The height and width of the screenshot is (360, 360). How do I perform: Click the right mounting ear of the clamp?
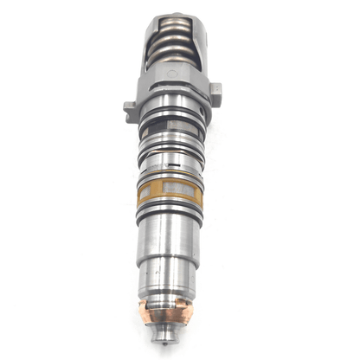pos(215,90)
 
